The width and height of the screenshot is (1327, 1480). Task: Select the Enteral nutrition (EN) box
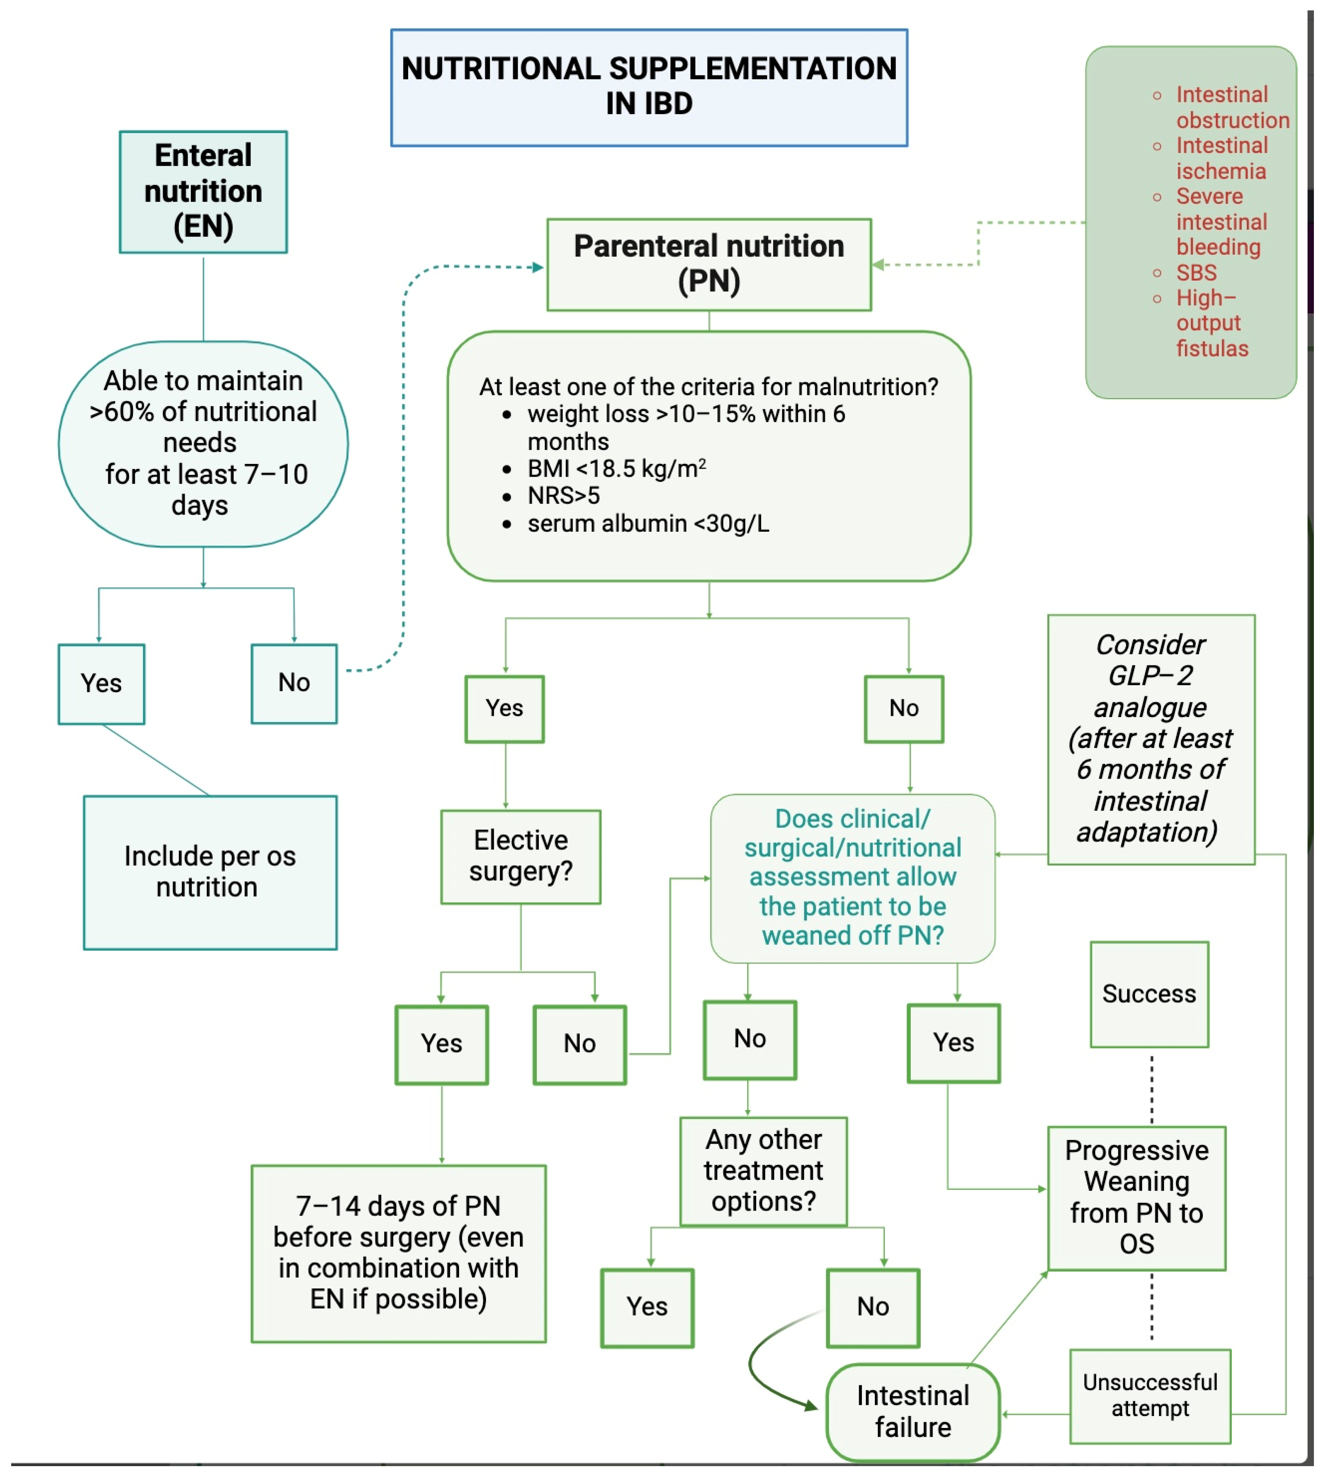204,192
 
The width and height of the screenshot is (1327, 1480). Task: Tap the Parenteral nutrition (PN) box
709,264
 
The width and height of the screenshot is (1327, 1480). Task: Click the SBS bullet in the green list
1196,273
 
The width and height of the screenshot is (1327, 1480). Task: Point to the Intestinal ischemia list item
1221,158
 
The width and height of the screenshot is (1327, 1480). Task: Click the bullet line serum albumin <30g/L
648,524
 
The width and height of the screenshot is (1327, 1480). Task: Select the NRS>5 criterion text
563,496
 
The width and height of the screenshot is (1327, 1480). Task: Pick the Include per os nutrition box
210,872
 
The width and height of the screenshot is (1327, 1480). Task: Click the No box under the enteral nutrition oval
294,683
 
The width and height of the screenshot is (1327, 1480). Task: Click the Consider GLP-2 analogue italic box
1150,739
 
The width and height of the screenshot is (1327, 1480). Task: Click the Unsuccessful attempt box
1150,1396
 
